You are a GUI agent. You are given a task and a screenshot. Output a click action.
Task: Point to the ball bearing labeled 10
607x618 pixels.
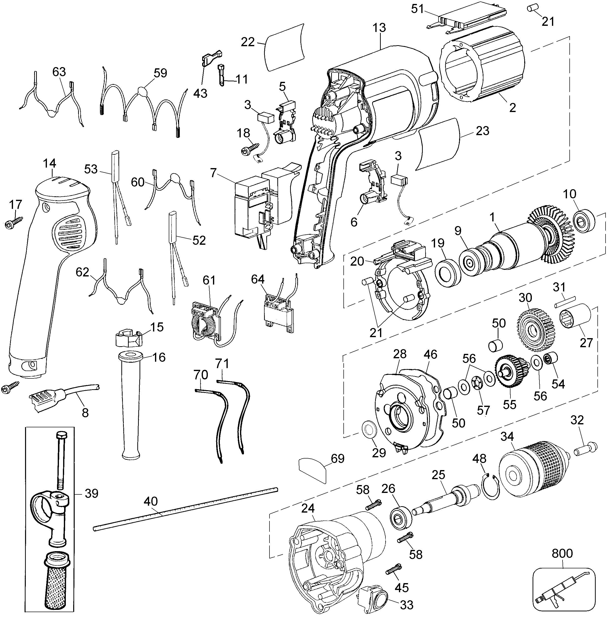(585, 221)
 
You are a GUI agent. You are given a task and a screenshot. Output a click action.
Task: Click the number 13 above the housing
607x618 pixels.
(379, 28)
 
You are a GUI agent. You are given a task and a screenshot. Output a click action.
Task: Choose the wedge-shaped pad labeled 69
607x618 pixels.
(313, 469)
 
